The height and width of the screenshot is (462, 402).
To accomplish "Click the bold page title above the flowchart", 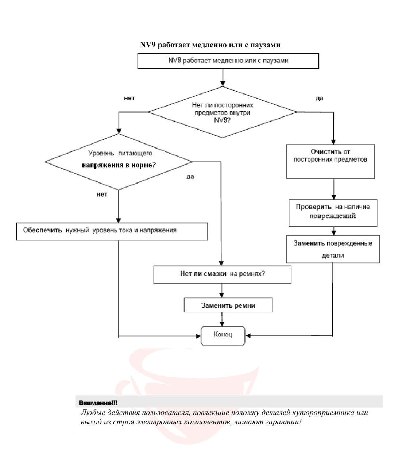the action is pyautogui.click(x=210, y=45).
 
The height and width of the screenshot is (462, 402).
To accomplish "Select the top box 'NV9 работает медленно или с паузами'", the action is pyautogui.click(x=228, y=61).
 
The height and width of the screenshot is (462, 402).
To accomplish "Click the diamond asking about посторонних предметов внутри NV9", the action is pyautogui.click(x=222, y=112).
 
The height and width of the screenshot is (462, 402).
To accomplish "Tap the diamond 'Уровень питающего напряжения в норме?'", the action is pyautogui.click(x=119, y=162).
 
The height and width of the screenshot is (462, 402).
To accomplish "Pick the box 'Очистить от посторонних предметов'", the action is pyautogui.click(x=331, y=161).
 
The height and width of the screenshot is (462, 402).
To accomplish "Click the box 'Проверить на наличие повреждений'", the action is pyautogui.click(x=333, y=213).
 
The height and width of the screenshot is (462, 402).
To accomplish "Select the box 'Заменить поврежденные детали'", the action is pyautogui.click(x=333, y=249).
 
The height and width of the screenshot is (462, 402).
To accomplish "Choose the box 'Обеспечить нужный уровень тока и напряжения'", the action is pyautogui.click(x=112, y=231).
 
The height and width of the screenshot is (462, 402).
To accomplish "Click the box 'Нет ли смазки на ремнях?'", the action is pyautogui.click(x=222, y=274).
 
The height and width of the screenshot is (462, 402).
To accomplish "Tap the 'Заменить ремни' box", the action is pyautogui.click(x=228, y=305).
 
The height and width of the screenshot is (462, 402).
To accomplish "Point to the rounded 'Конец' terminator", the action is pyautogui.click(x=223, y=335).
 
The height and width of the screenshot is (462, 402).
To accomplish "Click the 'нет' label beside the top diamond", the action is pyautogui.click(x=130, y=98).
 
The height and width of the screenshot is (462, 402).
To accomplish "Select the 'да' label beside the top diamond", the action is pyautogui.click(x=319, y=98).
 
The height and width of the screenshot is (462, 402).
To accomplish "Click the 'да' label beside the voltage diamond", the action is pyautogui.click(x=190, y=176).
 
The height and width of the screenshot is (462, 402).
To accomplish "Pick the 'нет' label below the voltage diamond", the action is pyautogui.click(x=102, y=195).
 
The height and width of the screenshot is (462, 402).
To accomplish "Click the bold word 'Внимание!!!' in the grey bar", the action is pyautogui.click(x=98, y=403).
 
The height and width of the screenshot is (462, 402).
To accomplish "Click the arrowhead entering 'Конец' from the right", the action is pyautogui.click(x=248, y=335).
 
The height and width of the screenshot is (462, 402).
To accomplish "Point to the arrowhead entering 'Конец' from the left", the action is pyautogui.click(x=198, y=336).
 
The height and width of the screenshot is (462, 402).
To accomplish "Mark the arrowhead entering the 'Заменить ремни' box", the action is pyautogui.click(x=222, y=295).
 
